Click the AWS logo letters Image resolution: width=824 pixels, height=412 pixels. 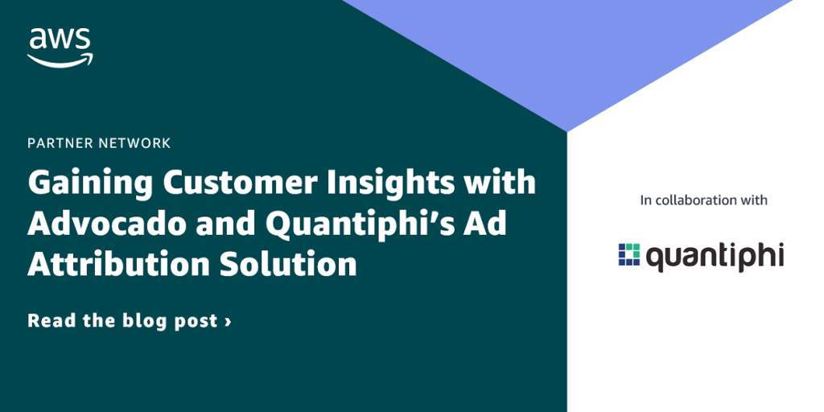60,40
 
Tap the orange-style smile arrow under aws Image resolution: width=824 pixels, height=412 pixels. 60,60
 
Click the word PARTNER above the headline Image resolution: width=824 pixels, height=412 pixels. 61,143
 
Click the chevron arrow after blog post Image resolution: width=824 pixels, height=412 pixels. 228,321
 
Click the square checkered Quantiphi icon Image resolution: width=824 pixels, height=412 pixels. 628,254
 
